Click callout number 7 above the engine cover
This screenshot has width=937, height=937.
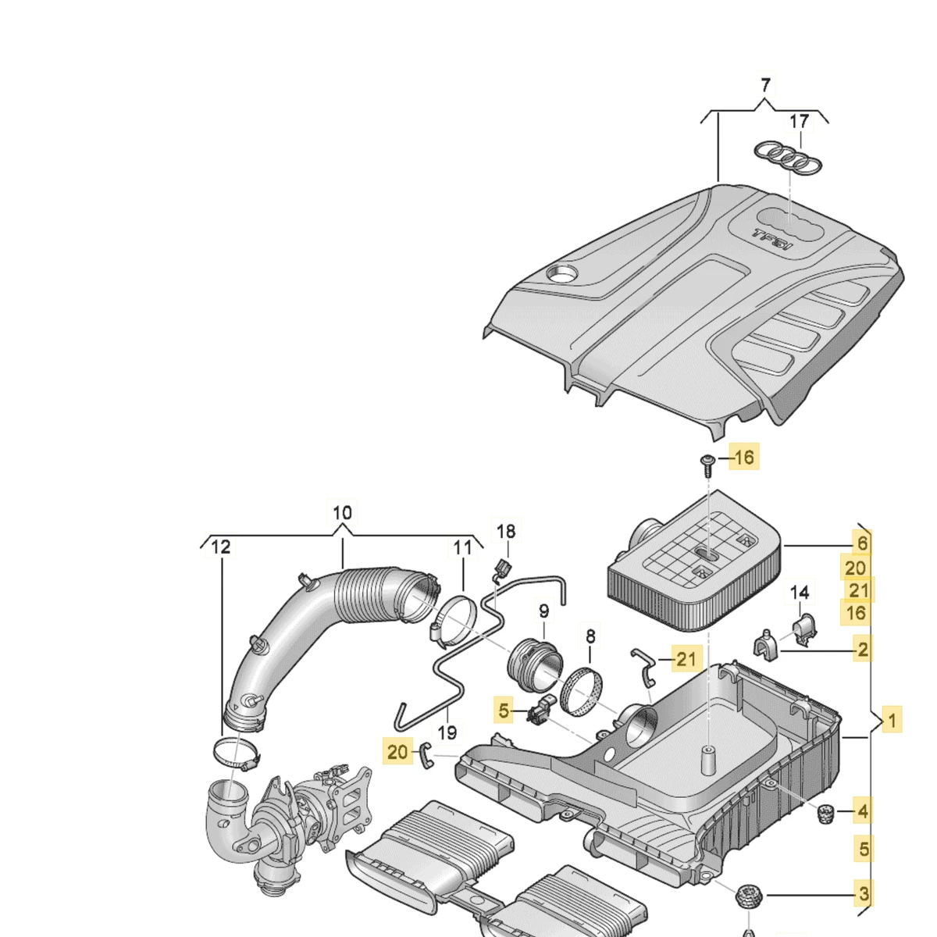765,84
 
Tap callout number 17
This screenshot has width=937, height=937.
799,122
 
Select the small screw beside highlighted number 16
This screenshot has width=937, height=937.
707,465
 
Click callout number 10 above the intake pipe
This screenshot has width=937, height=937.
342,513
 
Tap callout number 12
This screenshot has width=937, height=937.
222,547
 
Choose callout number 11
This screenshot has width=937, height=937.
463,547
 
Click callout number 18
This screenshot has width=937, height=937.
506,532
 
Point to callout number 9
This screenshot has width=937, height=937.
542,610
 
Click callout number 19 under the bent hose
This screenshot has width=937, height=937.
447,732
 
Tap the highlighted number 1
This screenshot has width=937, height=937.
892,720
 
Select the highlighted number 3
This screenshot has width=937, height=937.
863,892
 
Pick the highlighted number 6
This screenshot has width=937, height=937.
861,543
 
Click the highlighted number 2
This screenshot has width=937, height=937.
862,648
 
